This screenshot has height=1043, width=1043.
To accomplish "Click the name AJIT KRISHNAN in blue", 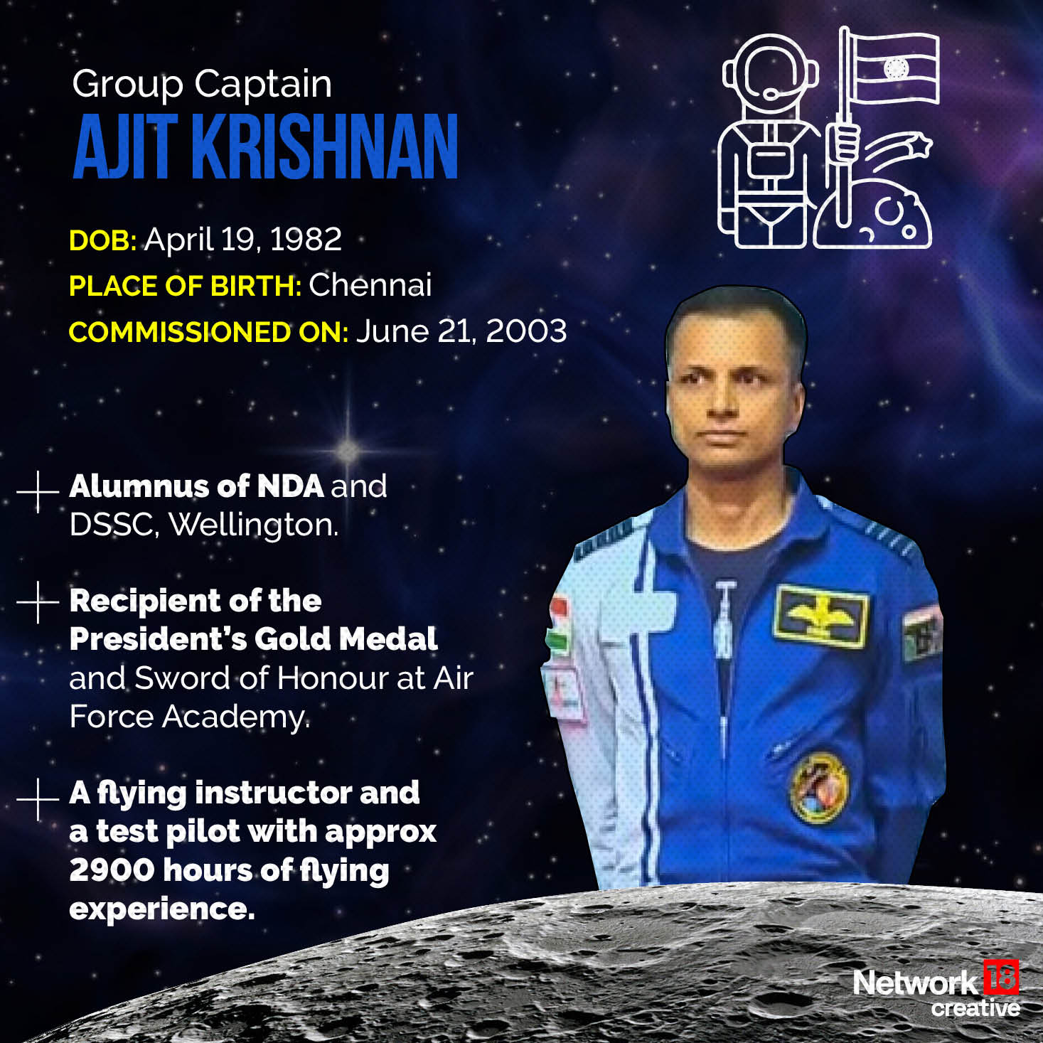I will click(265, 146).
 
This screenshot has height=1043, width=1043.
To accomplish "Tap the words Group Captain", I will click(202, 85).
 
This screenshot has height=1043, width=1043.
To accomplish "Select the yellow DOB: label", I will click(102, 241).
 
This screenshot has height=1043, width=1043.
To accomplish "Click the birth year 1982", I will click(306, 240).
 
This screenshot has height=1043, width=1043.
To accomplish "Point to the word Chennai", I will click(370, 285).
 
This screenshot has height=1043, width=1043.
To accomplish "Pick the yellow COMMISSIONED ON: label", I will click(208, 332).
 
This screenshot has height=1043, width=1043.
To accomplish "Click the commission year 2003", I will click(527, 331).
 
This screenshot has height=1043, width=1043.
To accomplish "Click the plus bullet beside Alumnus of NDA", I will click(38, 491).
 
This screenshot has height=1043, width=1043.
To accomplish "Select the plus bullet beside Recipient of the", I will click(38, 601).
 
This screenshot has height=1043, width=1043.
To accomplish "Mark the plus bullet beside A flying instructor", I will click(38, 799).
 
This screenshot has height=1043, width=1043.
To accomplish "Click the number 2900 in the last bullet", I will click(112, 870).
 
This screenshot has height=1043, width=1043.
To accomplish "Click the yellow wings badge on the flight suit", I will click(822, 616).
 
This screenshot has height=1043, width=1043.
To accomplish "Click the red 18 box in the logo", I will click(1001, 977).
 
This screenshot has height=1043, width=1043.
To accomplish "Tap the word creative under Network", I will click(975, 1008).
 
